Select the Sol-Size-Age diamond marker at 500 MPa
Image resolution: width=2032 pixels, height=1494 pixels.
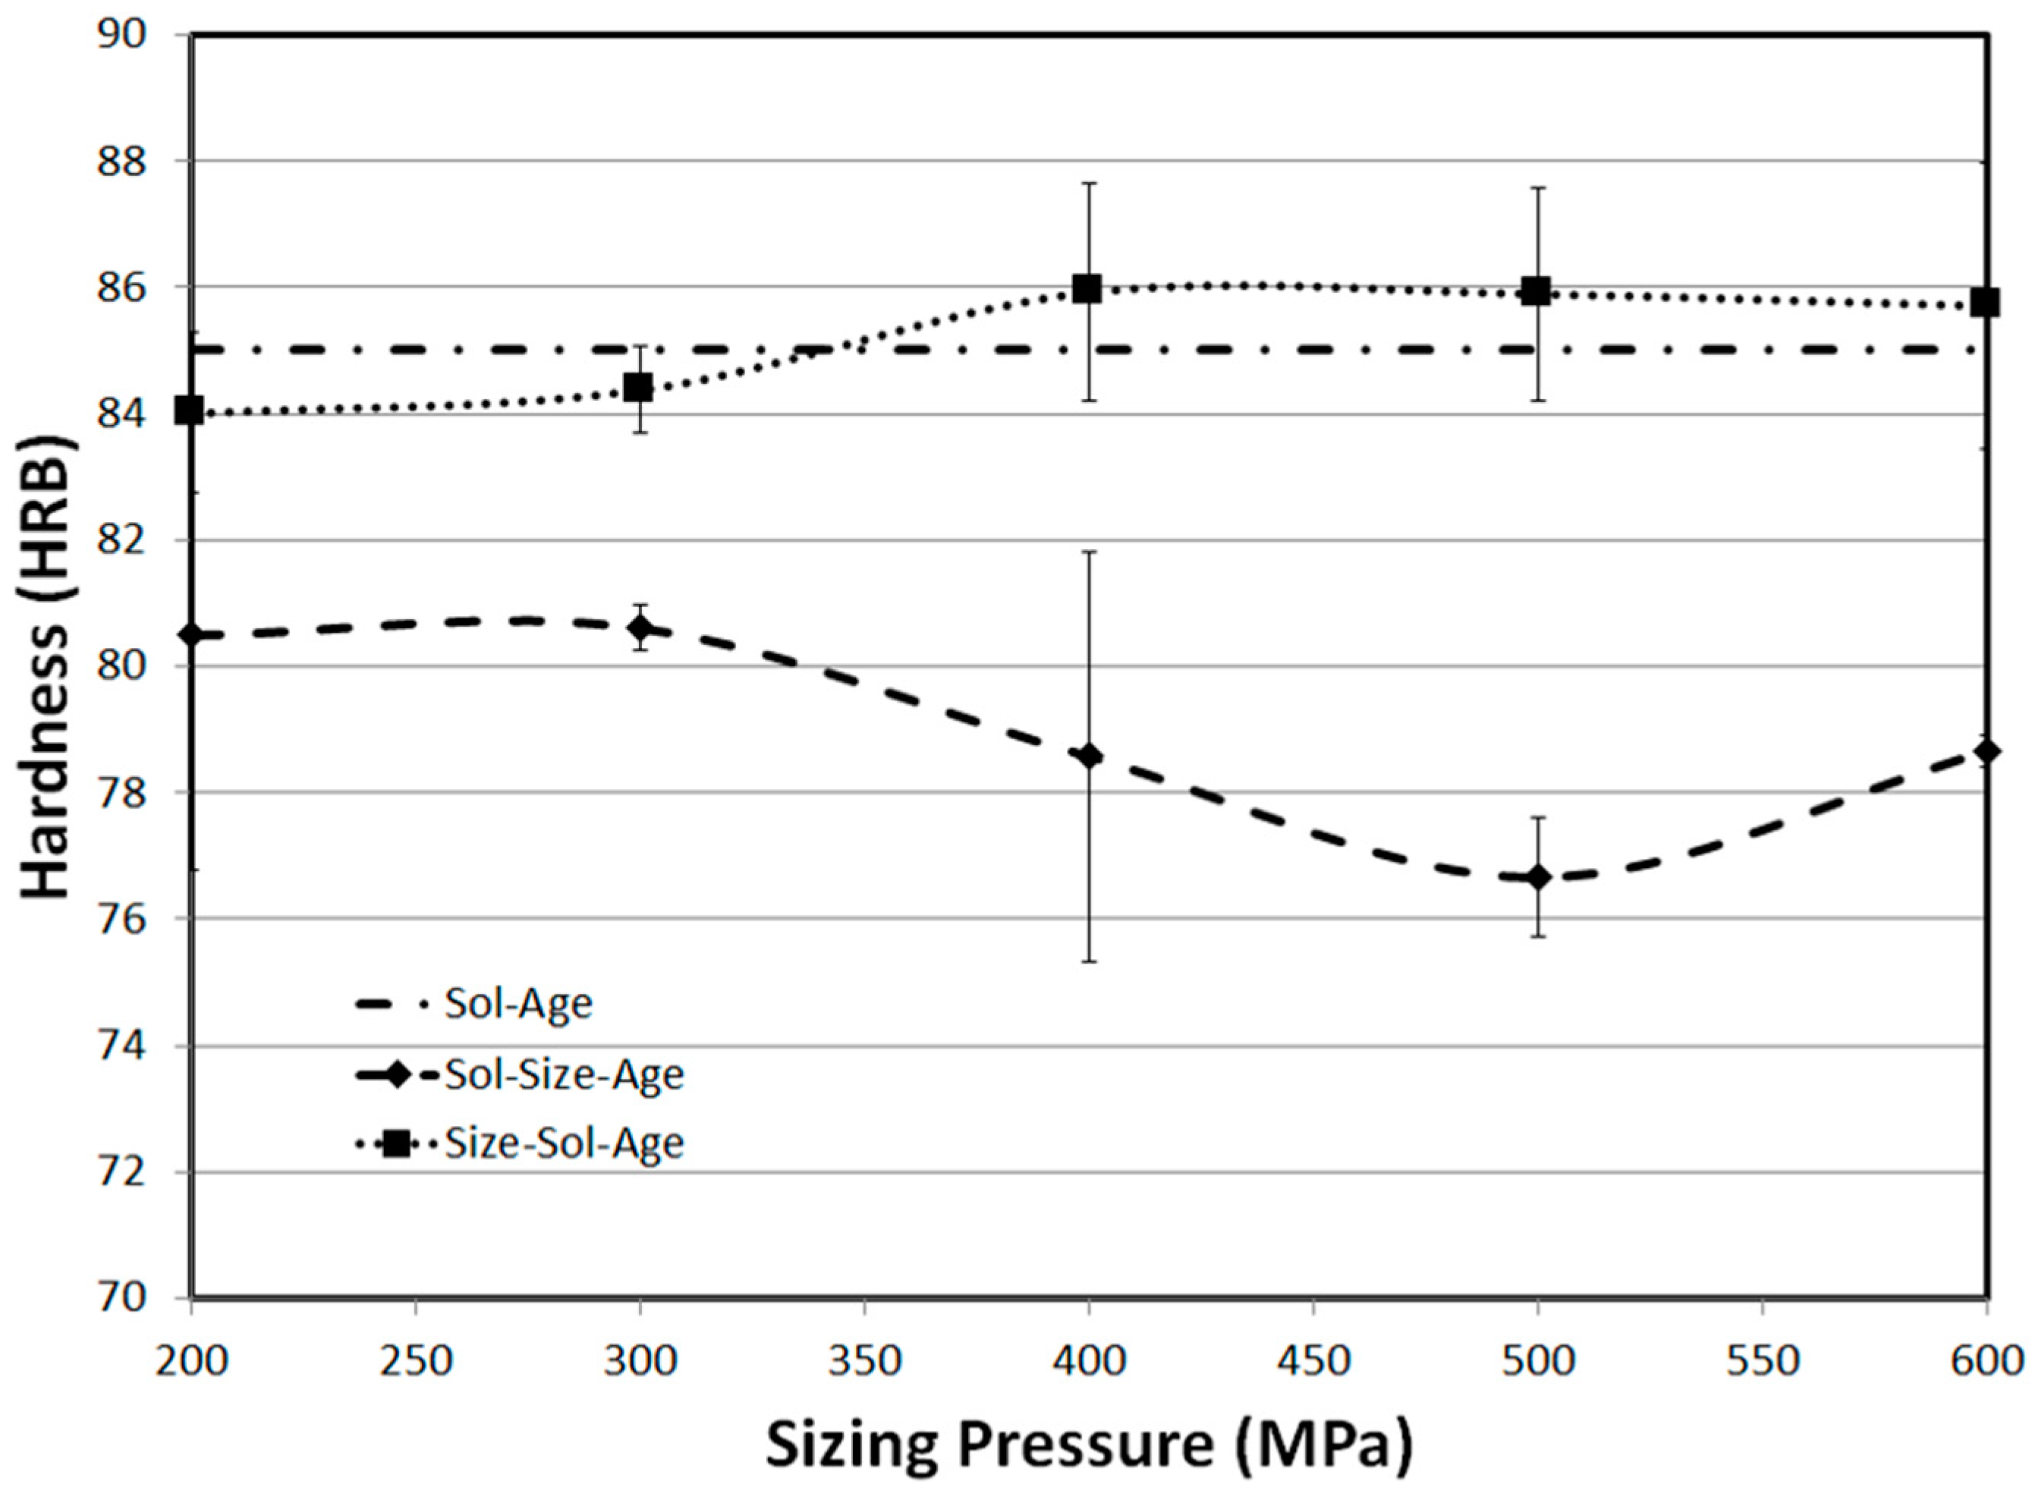tap(1537, 877)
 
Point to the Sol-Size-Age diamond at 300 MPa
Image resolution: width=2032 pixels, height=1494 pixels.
tap(640, 627)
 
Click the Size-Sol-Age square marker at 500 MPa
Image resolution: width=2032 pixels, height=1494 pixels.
tap(1536, 291)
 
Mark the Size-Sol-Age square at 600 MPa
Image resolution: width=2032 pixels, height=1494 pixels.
tap(1985, 303)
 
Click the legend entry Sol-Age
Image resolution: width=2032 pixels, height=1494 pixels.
tap(517, 1004)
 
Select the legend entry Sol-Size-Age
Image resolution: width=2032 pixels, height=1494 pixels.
tap(563, 1075)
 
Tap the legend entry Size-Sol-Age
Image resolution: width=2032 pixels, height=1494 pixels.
tap(563, 1144)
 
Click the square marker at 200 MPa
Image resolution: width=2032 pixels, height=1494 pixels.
tap(189, 410)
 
